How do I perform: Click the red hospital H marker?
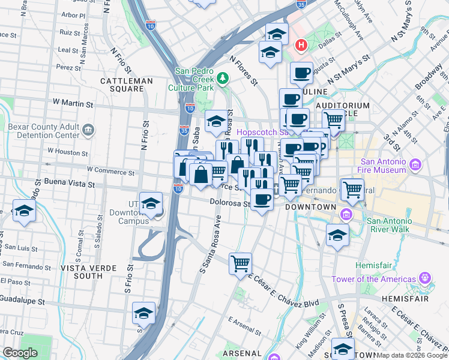(301, 45)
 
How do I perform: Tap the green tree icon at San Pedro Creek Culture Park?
(223, 78)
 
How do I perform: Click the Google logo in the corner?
(20, 353)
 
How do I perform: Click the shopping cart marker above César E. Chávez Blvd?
(240, 264)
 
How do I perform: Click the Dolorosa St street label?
(229, 203)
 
